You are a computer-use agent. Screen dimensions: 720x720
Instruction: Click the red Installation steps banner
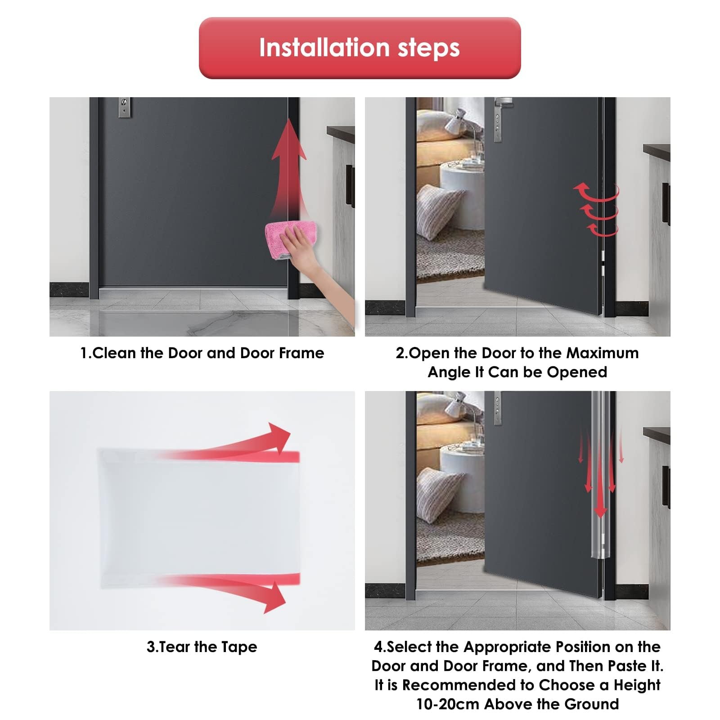(x=360, y=48)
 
